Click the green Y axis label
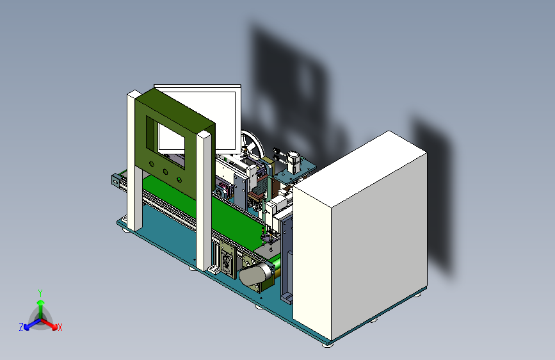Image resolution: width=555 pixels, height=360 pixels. click(x=40, y=292)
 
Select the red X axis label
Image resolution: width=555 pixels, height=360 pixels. click(x=60, y=328)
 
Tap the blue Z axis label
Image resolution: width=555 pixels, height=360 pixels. click(x=21, y=327)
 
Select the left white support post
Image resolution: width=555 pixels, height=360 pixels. click(x=134, y=160)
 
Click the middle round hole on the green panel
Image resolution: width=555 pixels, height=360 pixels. click(x=166, y=172)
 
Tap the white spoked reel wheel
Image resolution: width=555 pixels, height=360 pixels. click(x=253, y=146)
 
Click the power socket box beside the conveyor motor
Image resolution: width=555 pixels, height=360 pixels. click(x=227, y=261)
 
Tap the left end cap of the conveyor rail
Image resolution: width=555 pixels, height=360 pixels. click(x=116, y=180)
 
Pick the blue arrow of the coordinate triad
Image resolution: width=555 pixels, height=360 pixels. click(x=29, y=325)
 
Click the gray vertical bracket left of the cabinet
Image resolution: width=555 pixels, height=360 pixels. click(x=286, y=256)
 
